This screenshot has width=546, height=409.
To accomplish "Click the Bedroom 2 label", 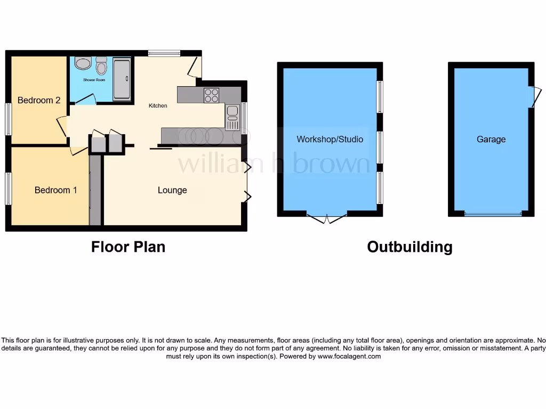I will point(39,100).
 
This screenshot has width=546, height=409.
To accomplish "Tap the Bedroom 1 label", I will point(56,190).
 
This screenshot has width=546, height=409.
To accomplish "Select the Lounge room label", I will point(172,190).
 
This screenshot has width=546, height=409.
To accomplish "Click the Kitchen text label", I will point(158,105).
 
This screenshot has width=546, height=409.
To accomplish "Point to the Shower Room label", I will point(94,80).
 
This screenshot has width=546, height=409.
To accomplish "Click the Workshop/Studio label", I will point(330,140).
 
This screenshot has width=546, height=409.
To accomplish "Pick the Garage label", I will point(491,140).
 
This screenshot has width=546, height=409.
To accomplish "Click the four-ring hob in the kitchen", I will point(211,95).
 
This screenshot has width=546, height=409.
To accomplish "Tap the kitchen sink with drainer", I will point(232,118).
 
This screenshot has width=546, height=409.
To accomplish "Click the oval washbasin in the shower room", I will point(83,64).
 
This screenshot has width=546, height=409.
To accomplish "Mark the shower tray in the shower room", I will point(122,79).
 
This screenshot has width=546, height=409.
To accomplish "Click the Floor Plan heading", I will point(128,247).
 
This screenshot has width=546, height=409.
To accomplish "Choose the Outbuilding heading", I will point(409,247).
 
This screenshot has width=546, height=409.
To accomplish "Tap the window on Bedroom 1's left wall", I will point(8,189).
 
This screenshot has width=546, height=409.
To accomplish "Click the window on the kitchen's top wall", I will point(164,53).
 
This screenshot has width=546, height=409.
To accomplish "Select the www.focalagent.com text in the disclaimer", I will point(349,356).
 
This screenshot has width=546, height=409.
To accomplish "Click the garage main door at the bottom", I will point(493,214).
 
